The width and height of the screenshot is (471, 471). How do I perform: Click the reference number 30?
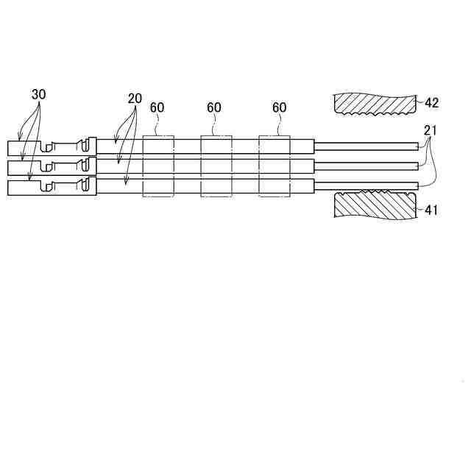tap(39, 95)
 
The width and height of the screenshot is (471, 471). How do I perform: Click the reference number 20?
tap(135, 99)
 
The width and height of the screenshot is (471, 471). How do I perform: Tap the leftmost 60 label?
tap(157, 107)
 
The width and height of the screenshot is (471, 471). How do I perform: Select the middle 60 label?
tap(214, 107)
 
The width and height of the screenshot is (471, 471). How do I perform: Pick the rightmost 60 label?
tap(279, 107)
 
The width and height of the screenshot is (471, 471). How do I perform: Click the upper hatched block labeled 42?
tap(373, 103)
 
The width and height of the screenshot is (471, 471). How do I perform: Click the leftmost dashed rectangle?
tap(158, 166)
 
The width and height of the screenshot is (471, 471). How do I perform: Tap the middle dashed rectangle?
tap(216, 166)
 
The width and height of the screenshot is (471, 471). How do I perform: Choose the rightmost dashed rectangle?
tap(275, 166)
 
